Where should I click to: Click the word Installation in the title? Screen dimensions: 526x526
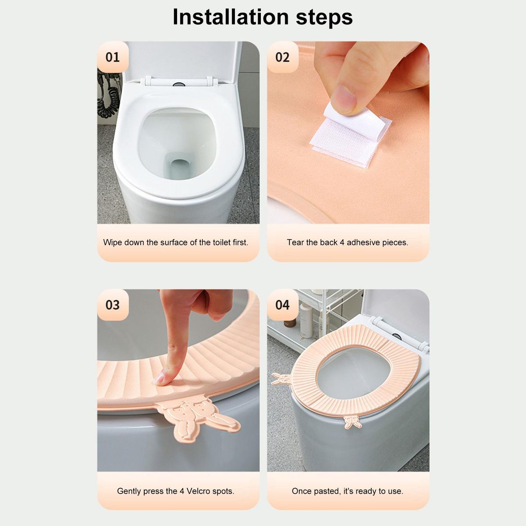click(231, 17)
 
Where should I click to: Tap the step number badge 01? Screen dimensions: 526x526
click(113, 57)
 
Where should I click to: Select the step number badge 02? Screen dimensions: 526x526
click(282, 57)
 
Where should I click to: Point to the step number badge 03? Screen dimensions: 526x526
click(113, 305)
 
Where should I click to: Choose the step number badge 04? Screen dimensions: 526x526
click(282, 305)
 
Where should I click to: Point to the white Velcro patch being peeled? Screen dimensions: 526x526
click(351, 136)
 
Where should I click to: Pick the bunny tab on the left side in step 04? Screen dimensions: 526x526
click(282, 379)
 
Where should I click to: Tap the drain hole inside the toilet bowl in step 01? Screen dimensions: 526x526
click(180, 168)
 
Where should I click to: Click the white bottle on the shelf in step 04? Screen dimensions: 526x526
click(306, 320)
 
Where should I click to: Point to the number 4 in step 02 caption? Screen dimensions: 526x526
click(342, 242)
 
